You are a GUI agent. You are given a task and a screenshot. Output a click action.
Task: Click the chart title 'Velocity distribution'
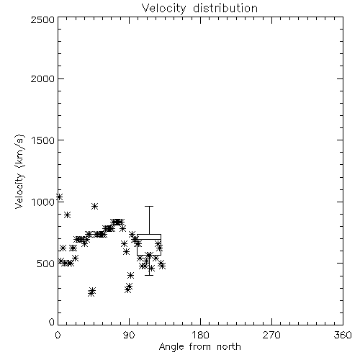[199, 8]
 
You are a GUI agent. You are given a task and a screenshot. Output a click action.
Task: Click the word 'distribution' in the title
[225, 8]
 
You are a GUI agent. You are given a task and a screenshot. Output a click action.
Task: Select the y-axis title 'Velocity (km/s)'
[19, 171]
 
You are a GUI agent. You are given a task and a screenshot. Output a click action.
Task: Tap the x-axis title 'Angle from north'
[199, 346]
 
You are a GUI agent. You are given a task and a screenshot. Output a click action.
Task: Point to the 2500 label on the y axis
[42, 19]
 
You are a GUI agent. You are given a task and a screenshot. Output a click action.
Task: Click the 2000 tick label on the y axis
[42, 78]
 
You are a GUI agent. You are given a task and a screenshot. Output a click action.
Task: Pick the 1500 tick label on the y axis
[43, 140]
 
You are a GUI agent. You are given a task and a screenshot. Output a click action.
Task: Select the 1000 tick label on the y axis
[43, 202]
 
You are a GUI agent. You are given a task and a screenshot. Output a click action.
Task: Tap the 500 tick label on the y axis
[46, 264]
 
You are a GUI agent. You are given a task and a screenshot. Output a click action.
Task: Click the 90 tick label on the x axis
[129, 335]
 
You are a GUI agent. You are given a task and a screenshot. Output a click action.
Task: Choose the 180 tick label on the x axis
[199, 335]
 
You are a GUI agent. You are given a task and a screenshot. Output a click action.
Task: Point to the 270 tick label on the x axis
[271, 335]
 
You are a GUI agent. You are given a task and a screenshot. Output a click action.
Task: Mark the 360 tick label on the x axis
[343, 335]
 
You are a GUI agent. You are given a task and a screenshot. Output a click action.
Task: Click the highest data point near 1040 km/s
[59, 197]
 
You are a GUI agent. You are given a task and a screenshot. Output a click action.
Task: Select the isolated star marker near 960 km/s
[94, 206]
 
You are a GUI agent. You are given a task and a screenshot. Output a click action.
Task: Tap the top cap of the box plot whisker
[149, 206]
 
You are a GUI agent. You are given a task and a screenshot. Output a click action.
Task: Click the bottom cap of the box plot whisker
[149, 275]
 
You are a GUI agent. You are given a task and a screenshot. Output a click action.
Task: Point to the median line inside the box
[149, 239]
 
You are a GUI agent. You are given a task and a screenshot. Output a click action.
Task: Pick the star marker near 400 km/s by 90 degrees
[130, 275]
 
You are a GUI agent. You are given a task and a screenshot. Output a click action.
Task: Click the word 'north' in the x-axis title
[229, 346]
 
